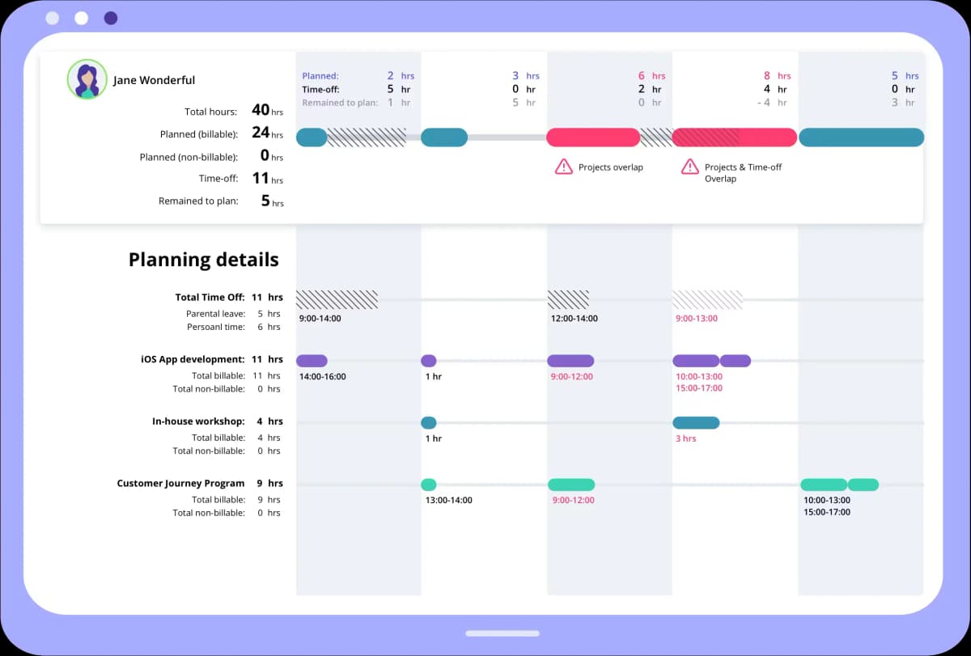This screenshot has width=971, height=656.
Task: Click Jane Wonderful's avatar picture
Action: [87, 79]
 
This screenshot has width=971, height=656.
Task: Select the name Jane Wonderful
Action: [154, 80]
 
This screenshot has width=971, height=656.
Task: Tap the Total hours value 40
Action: [261, 110]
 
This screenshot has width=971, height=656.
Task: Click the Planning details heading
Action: [203, 260]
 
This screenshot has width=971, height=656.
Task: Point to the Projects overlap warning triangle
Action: [563, 167]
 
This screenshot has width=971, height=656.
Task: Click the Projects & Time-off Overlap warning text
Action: [743, 172]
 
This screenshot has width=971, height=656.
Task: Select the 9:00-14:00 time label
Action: [320, 319]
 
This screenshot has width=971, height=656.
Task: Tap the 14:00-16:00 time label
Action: [322, 377]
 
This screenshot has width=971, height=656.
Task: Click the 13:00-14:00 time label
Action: [448, 501]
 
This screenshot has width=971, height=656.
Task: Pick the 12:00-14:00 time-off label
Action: [574, 319]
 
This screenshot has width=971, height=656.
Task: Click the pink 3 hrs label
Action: [685, 438]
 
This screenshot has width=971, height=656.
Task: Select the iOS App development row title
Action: [193, 359]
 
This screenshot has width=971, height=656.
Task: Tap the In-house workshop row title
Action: [198, 421]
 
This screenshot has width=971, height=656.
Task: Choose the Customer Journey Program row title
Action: [180, 484]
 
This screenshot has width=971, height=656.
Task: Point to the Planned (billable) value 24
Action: [261, 133]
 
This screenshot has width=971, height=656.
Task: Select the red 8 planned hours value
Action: [767, 76]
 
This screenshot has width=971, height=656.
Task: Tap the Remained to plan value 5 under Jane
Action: [265, 201]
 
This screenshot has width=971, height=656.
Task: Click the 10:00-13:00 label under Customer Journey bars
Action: [826, 501]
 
